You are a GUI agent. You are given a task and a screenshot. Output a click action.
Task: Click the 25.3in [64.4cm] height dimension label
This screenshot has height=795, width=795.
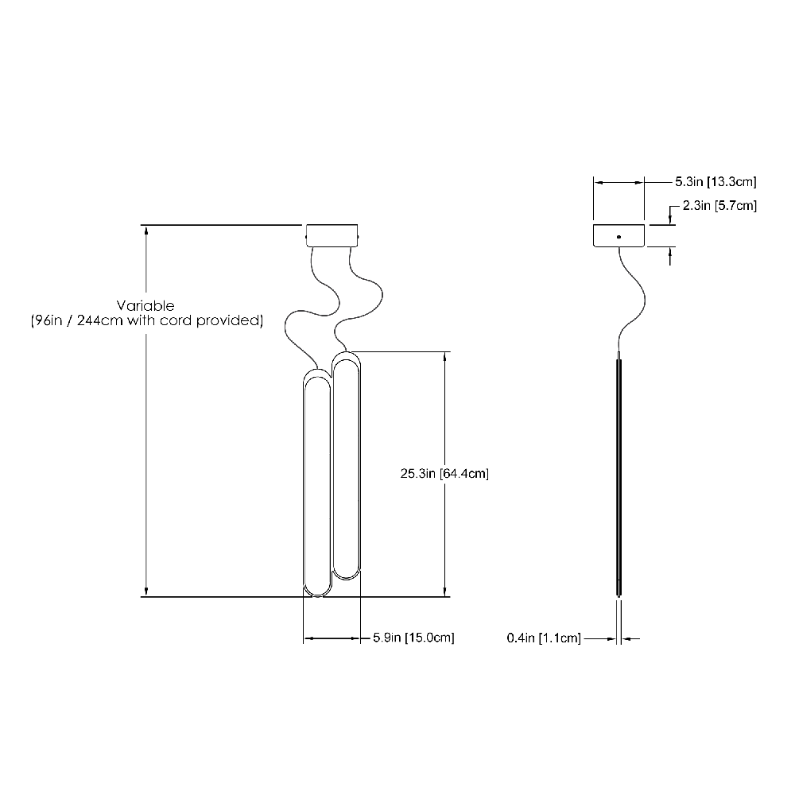coord(444,474)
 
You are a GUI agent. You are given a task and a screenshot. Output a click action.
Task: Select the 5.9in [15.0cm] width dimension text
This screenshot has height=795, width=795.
coord(413,638)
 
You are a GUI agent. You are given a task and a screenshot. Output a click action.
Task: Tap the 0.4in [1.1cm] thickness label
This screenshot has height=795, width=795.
coord(544,638)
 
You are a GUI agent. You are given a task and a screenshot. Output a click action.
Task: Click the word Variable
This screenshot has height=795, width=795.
coord(145,305)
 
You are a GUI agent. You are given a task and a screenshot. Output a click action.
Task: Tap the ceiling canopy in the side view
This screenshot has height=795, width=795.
coord(619,236)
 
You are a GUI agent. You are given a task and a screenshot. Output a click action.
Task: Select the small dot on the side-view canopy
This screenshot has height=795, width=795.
coord(619,236)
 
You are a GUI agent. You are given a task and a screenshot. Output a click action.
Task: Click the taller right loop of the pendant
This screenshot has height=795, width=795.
coord(346,469)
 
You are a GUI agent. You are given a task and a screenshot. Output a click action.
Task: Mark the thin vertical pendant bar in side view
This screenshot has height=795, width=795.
coord(619,477)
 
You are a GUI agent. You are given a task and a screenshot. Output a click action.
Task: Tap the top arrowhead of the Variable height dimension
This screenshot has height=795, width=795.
coord(145,231)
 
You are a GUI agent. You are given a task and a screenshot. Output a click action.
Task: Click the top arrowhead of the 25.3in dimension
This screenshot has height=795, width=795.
coord(444,357)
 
